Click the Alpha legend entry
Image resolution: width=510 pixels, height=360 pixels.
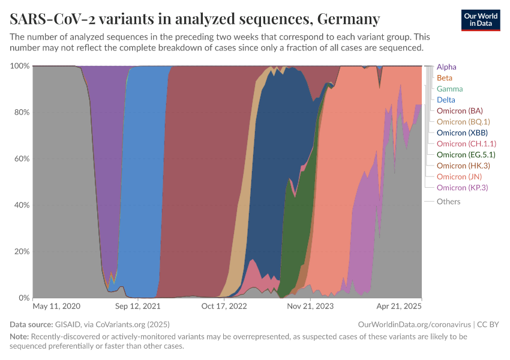pyautogui.click(x=447, y=67)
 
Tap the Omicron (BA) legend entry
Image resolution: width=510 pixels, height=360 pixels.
pyautogui.click(x=460, y=111)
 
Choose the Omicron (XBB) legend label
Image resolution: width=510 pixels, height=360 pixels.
pyautogui.click(x=462, y=133)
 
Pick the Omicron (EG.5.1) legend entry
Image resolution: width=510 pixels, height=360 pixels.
pyautogui.click(x=466, y=155)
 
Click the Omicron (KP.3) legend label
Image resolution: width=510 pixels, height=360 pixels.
pyautogui.click(x=462, y=188)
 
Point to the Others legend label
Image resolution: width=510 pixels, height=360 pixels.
pyautogui.click(x=448, y=202)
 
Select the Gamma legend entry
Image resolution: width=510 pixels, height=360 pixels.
pyautogui.click(x=449, y=89)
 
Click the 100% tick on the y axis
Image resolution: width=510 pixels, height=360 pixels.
pyautogui.click(x=20, y=65)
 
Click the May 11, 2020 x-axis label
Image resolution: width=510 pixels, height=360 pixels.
pyautogui.click(x=56, y=306)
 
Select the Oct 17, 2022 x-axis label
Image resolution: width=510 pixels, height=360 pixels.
pyautogui.click(x=224, y=306)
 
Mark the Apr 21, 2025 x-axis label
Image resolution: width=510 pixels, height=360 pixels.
pyautogui.click(x=399, y=306)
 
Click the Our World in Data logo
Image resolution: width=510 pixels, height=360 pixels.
pyautogui.click(x=480, y=20)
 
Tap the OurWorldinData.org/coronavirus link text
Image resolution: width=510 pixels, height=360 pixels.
pyautogui.click(x=413, y=325)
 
